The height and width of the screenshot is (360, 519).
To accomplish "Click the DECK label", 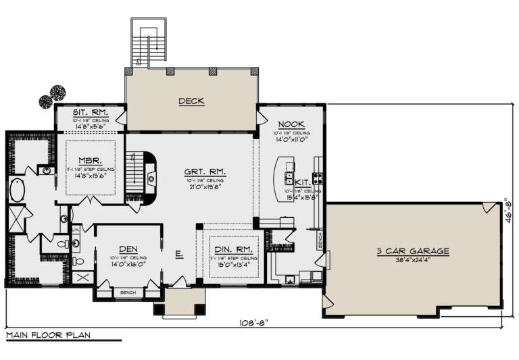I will click(x=191, y=101).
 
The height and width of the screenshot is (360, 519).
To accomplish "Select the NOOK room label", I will click(x=291, y=125).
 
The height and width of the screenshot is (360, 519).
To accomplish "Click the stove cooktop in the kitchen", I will click(x=318, y=178).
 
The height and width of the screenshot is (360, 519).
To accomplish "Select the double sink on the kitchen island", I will click(x=289, y=178).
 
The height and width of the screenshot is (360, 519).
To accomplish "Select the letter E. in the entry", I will click(x=179, y=255).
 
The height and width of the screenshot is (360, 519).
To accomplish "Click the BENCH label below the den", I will click(x=127, y=293).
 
